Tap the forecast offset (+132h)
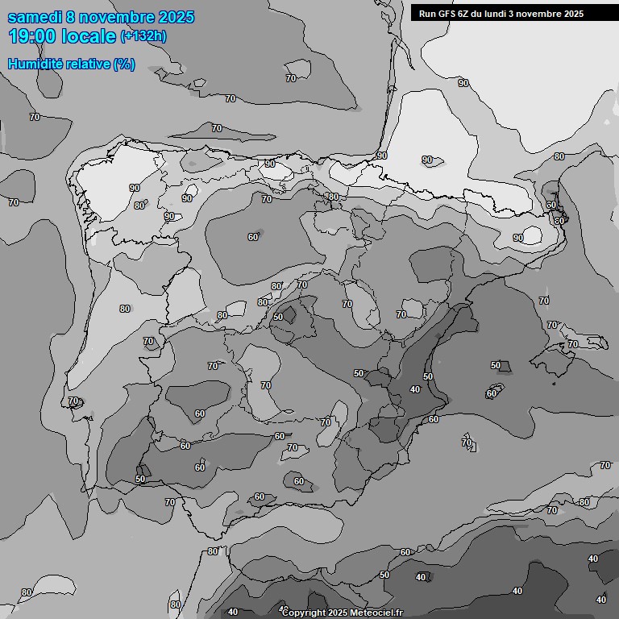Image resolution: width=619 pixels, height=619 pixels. pos(143,36)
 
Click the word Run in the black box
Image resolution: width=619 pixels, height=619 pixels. pos(427,14)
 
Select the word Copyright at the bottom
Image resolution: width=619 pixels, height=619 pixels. pos(305,613)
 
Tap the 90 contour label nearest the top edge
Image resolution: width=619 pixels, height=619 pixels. pos(463,83)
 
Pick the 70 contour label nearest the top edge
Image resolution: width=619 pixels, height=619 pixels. pos(291,78)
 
